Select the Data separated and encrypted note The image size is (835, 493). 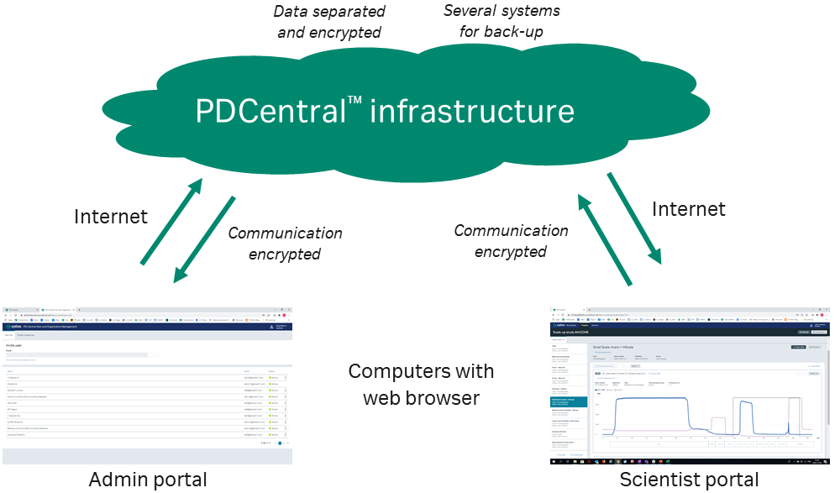click(329, 23)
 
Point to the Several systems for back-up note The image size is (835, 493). click(501, 22)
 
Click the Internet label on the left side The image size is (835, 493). click(111, 217)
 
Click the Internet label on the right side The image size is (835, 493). click(688, 208)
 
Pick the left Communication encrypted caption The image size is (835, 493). click(285, 244)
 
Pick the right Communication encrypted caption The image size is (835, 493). click(511, 241)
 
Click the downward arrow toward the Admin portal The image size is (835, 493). click(204, 239)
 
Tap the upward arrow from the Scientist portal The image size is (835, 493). click(604, 239)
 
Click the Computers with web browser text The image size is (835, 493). click(421, 384)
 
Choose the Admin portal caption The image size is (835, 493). click(148, 480)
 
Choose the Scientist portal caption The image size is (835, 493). click(689, 480)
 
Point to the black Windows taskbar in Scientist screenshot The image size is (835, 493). click(689, 462)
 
